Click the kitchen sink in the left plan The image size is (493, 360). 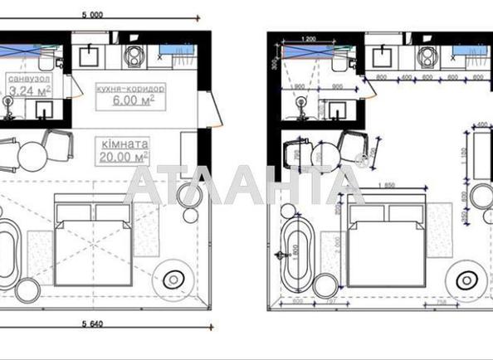click(89, 56)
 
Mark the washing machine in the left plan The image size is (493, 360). click(133, 56)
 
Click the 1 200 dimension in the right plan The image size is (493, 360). click(309, 39)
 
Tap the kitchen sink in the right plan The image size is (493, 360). click(384, 58)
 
